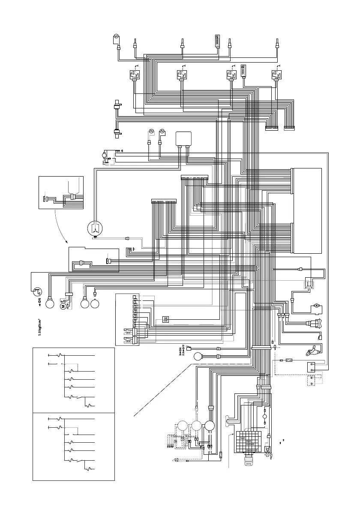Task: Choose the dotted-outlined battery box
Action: click(x=315, y=381)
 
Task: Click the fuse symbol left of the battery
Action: click(x=290, y=361)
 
